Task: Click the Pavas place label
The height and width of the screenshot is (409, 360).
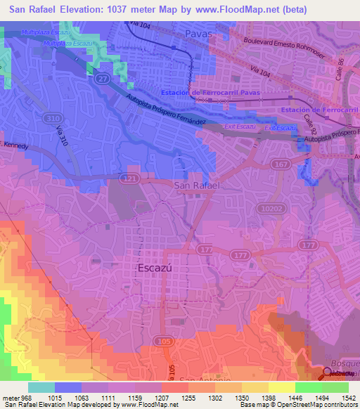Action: click(x=198, y=33)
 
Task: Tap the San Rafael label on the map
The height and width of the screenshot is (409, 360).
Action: click(x=197, y=185)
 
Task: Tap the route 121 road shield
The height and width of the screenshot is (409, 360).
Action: click(x=128, y=180)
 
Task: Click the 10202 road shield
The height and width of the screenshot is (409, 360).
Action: click(x=266, y=208)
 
